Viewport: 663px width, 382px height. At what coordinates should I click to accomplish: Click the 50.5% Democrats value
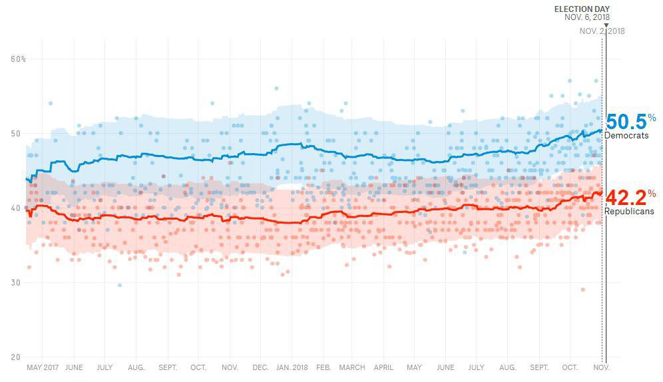point(626,122)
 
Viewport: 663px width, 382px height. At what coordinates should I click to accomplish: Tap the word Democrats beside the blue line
point(626,136)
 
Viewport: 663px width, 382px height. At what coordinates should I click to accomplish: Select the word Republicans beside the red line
point(629,212)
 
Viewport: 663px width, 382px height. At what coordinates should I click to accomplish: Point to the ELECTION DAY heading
point(582,9)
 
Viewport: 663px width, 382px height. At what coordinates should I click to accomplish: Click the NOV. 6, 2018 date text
point(587,17)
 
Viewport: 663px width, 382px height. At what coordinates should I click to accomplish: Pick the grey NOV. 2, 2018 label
point(602,31)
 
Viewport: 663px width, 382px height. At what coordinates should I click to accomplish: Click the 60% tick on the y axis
point(18,59)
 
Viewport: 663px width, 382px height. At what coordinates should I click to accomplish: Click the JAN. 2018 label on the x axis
point(292,367)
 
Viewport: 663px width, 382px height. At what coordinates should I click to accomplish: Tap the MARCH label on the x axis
point(352,367)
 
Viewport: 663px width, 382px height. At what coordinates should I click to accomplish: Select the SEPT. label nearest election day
point(539,367)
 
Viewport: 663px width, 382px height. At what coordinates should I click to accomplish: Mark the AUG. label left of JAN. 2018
point(136,367)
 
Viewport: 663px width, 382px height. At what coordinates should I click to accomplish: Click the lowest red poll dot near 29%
point(582,289)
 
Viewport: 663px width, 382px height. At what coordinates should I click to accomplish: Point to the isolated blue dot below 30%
point(120,286)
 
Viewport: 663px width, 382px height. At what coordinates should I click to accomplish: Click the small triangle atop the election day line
point(606,26)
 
